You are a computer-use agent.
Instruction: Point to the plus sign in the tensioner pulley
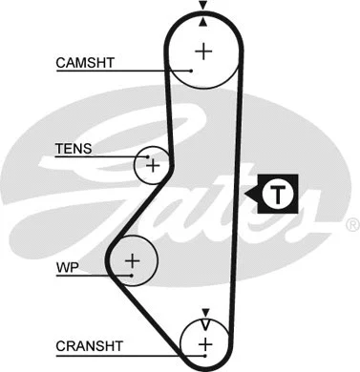[x=152, y=167]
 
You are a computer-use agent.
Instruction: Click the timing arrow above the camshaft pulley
[x=203, y=9]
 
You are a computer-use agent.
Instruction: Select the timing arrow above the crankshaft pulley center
[x=204, y=316]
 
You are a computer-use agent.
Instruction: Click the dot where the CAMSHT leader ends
[x=191, y=71]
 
